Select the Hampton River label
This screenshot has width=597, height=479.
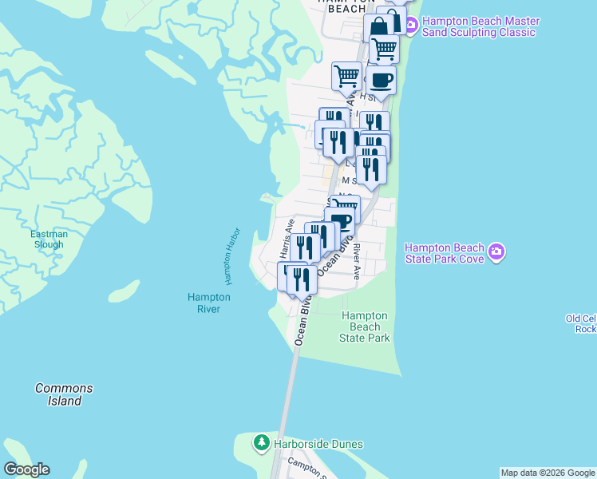[x=208, y=303]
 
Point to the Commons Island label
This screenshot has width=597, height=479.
[x=64, y=394]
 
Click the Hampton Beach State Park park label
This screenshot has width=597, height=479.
[x=365, y=327]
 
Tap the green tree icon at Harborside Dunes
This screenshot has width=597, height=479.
[x=261, y=443]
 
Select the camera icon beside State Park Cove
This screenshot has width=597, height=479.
[x=497, y=253]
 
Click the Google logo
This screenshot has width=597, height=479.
[x=26, y=469]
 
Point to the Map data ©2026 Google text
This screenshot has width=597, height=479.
[x=548, y=473]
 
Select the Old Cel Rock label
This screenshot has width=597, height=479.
[x=581, y=323]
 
